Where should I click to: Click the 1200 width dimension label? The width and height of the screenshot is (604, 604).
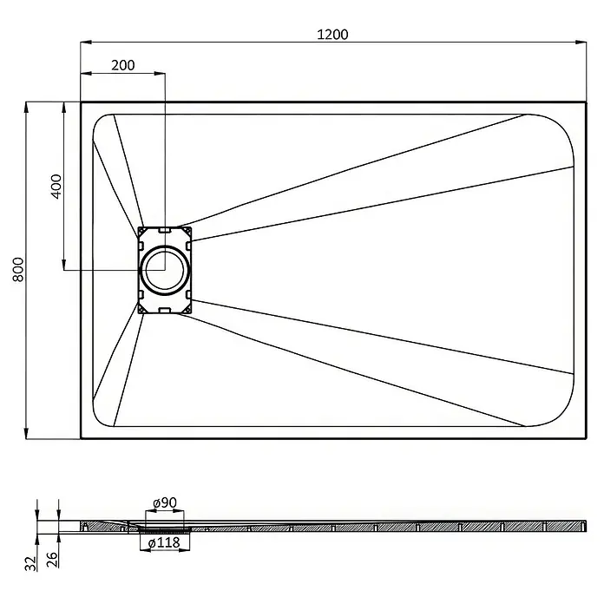[332, 35]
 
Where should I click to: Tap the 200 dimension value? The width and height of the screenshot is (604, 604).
[123, 65]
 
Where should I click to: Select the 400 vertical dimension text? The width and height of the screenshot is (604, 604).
[56, 187]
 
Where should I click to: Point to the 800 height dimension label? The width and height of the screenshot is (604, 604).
[18, 270]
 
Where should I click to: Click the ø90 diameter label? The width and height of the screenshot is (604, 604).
[165, 502]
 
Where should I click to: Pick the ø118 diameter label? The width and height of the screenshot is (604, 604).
[164, 542]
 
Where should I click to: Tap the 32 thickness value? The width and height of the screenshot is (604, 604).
[31, 563]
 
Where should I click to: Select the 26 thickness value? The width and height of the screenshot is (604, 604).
[52, 560]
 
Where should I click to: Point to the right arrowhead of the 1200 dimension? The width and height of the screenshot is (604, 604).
[581, 42]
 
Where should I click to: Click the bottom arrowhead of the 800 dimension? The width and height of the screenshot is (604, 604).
[26, 433]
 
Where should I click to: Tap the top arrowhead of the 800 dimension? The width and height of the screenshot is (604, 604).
[26, 108]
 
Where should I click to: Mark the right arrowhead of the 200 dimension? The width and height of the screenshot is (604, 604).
[160, 73]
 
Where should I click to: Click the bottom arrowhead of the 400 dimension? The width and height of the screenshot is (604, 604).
[64, 264]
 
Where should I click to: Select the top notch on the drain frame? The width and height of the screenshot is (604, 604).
[165, 230]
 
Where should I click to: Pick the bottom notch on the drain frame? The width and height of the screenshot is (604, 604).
[165, 310]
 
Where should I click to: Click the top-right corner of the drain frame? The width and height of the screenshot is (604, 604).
[191, 226]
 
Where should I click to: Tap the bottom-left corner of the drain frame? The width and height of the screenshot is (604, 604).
[138, 313]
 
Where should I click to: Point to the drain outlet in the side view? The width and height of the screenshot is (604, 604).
[165, 529]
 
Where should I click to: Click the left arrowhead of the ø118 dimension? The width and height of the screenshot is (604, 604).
[144, 550]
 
